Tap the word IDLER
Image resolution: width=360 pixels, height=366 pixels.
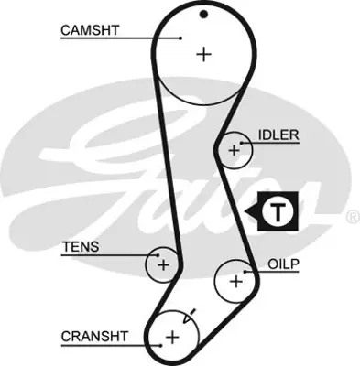click(278, 135)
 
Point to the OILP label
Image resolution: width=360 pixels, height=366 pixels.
click(285, 263)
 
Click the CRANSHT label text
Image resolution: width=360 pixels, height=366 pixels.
click(93, 336)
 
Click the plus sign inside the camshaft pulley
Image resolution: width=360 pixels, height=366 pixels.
click(203, 53)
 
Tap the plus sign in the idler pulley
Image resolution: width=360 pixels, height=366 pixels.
click(235, 148)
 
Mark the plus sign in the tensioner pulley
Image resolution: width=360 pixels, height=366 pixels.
click(163, 265)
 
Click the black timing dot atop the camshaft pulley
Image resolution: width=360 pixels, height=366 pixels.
click(204, 14)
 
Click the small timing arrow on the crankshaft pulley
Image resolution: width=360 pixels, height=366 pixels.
click(190, 318)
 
